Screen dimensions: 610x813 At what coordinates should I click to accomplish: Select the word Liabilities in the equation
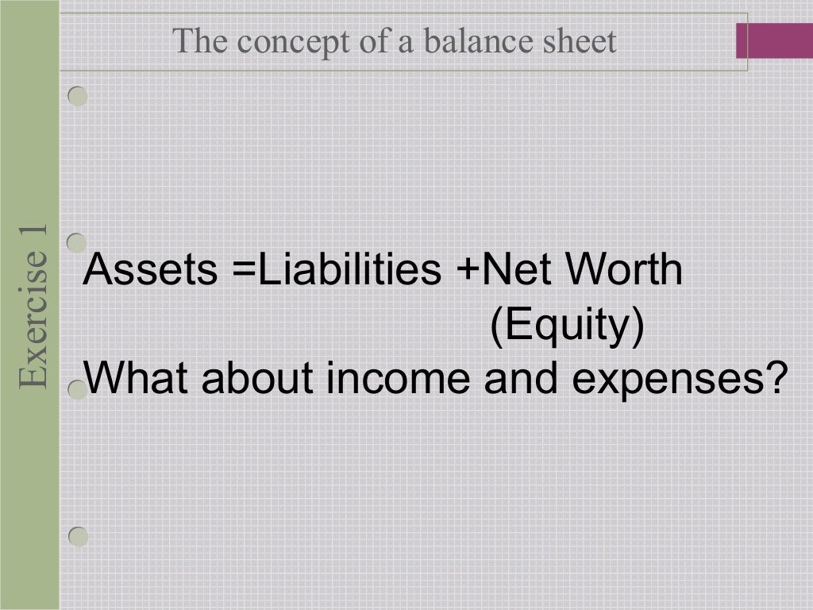point(349,270)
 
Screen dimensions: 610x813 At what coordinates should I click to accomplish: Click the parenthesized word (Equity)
point(566,326)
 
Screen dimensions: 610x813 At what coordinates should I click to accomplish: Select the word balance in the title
point(469,41)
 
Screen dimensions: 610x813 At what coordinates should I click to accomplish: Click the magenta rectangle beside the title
point(774,41)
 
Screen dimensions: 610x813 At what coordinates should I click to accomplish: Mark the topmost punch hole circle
point(77,96)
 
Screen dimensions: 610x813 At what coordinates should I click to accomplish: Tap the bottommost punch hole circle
point(78,536)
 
